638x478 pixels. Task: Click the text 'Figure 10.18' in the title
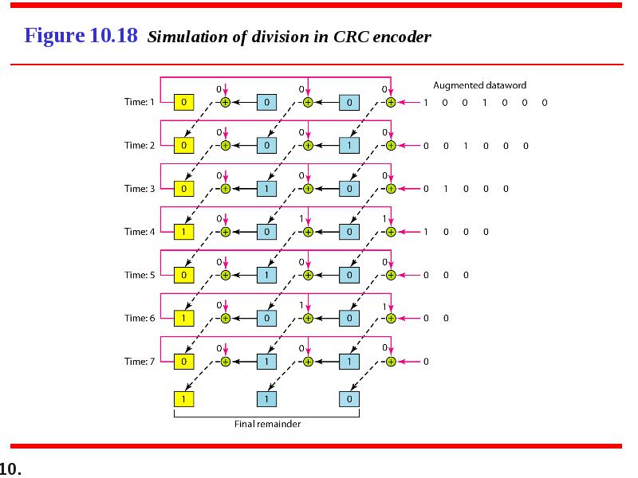pyautogui.click(x=81, y=35)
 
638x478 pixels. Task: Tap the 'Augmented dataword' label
pyautogui.click(x=480, y=85)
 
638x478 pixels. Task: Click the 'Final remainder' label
pyautogui.click(x=267, y=424)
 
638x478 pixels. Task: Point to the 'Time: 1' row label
pyautogui.click(x=140, y=102)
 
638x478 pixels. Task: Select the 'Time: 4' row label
pyautogui.click(x=140, y=232)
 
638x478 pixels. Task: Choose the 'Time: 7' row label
pyautogui.click(x=140, y=362)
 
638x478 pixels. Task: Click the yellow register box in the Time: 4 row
pyautogui.click(x=184, y=232)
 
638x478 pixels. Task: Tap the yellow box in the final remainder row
pyautogui.click(x=184, y=399)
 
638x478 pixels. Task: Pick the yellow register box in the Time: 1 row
pyautogui.click(x=184, y=103)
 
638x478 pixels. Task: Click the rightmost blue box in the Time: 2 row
pyautogui.click(x=349, y=146)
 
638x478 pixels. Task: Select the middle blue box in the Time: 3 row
pyautogui.click(x=266, y=189)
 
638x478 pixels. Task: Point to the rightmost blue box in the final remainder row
pyautogui.click(x=349, y=399)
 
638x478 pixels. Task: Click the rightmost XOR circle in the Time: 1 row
pyautogui.click(x=391, y=103)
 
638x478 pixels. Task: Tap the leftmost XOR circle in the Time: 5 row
pyautogui.click(x=226, y=275)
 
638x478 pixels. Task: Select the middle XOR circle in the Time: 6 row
pyautogui.click(x=308, y=318)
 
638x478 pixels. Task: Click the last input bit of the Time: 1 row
pyautogui.click(x=545, y=103)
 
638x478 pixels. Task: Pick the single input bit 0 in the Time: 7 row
pyautogui.click(x=426, y=362)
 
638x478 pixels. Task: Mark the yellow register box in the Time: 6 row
pyautogui.click(x=184, y=318)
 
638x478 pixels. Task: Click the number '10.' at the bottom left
pyautogui.click(x=10, y=468)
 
